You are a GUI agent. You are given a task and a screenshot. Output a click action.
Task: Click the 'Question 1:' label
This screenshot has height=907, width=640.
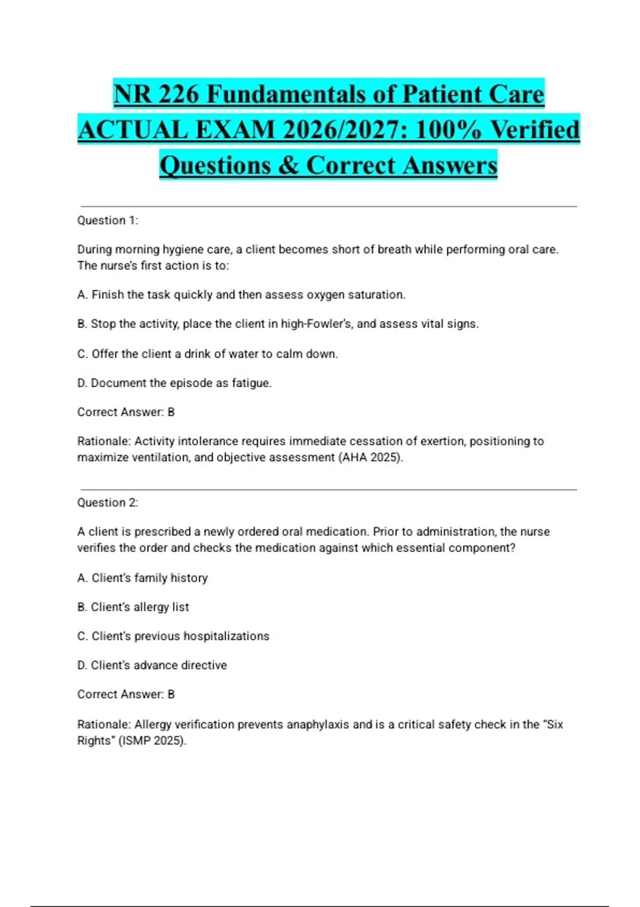108,220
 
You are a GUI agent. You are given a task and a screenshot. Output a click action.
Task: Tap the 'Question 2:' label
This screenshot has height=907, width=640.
108,503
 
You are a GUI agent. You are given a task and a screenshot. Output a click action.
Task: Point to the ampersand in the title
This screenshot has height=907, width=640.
289,165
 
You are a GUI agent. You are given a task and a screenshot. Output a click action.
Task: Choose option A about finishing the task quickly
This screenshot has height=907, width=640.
241,295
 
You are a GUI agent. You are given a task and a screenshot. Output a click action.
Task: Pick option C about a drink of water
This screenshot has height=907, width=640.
207,354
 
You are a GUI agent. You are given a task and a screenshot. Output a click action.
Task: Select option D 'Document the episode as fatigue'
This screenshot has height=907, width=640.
174,383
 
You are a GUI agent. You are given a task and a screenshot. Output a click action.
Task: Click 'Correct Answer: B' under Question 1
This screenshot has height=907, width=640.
126,412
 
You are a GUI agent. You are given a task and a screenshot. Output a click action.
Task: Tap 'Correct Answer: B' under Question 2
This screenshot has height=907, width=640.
126,694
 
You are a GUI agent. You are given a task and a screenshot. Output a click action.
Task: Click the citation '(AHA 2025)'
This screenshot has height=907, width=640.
371,457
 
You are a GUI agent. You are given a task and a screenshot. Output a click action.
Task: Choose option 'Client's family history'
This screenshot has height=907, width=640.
142,578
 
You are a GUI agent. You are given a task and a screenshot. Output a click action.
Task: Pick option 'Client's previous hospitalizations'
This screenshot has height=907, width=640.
173,636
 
